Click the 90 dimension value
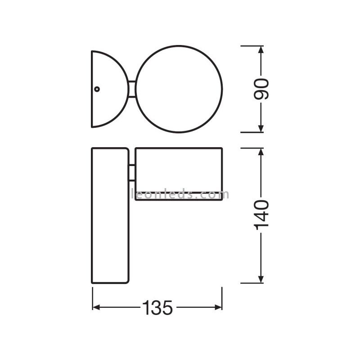(x=261, y=89)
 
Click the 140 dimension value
(x=261, y=215)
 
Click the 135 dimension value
(x=157, y=308)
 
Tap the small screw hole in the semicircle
(x=97, y=89)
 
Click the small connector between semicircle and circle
(x=132, y=89)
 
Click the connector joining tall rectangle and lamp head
(x=132, y=173)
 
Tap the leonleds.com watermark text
(x=180, y=194)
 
